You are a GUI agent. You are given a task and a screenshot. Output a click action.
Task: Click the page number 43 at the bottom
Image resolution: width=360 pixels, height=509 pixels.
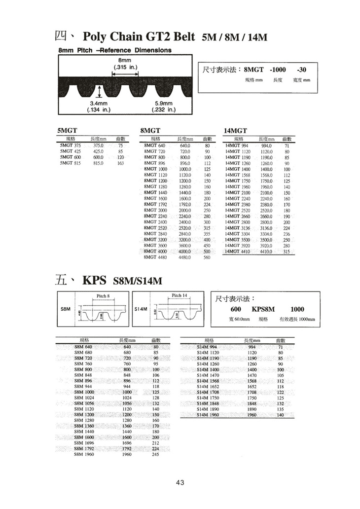(180, 482)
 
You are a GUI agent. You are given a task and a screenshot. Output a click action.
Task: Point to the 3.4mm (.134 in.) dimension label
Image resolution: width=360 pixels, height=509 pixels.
(99, 107)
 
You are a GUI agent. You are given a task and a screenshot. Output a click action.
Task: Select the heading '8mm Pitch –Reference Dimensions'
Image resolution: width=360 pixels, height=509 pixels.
(114, 50)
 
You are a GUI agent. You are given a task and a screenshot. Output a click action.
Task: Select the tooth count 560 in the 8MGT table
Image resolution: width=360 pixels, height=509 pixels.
(207, 257)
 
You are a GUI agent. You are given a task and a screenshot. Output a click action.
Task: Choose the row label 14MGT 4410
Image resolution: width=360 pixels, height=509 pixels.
(238, 252)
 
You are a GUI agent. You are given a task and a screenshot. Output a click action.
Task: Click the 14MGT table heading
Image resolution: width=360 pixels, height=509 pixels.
(235, 130)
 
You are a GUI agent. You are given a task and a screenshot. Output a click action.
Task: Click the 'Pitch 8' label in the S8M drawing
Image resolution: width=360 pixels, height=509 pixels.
(103, 295)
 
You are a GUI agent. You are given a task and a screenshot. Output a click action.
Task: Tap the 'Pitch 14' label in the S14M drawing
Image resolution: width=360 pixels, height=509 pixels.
(180, 295)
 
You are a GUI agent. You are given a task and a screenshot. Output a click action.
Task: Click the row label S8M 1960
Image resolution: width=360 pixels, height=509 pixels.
(83, 454)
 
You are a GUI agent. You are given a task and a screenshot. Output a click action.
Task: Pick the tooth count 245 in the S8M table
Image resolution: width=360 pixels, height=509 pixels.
(156, 454)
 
